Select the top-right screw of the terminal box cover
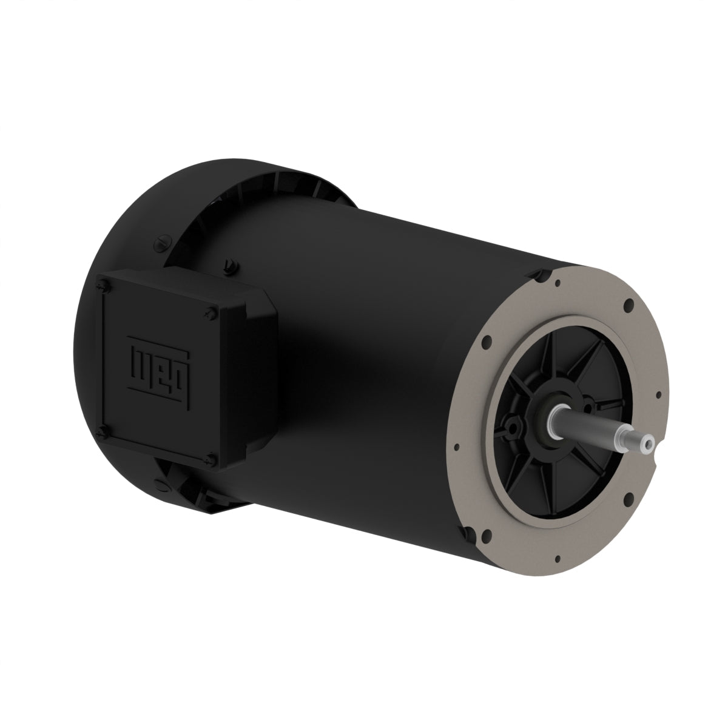[x=209, y=312]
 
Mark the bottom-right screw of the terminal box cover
[x=210, y=462]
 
